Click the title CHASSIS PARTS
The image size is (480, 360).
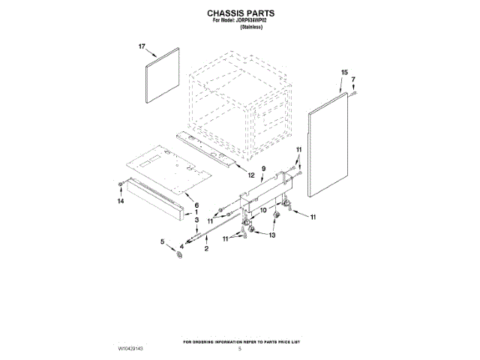pos(240,13)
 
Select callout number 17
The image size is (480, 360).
pos(140,46)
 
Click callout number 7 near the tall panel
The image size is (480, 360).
pos(353,79)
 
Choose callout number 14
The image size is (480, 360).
pos(120,201)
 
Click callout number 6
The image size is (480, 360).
pos(196,205)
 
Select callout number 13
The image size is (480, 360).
pos(272,235)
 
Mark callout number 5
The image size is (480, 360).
pos(161,241)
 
